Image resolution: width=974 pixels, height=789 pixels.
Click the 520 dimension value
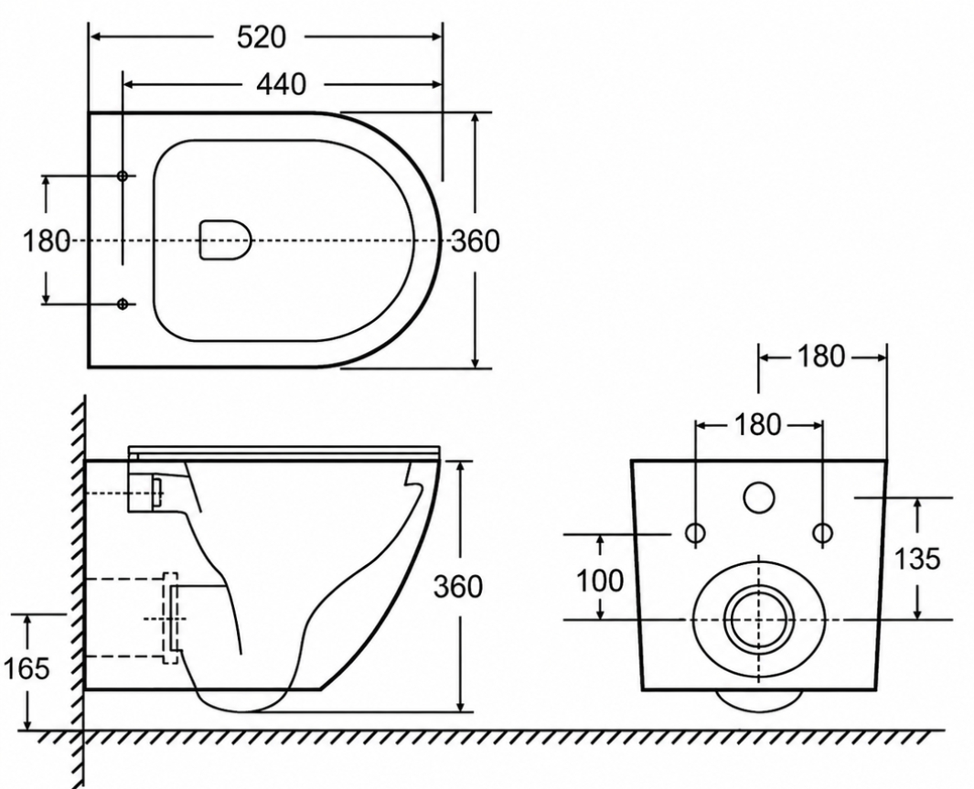tap(262, 37)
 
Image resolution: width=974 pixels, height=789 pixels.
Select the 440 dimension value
tap(282, 84)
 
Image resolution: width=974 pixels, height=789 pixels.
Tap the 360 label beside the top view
tap(476, 240)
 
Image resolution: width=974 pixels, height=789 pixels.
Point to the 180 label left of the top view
tap(47, 240)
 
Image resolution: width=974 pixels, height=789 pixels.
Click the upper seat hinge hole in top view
tap(123, 176)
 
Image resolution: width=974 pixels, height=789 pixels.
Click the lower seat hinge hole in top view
tap(123, 304)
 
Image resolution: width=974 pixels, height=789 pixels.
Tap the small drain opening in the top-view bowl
tap(226, 240)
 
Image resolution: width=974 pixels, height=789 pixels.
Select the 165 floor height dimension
tap(27, 668)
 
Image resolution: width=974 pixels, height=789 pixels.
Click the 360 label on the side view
tap(458, 587)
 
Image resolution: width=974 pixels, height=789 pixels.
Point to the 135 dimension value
tap(917, 559)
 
